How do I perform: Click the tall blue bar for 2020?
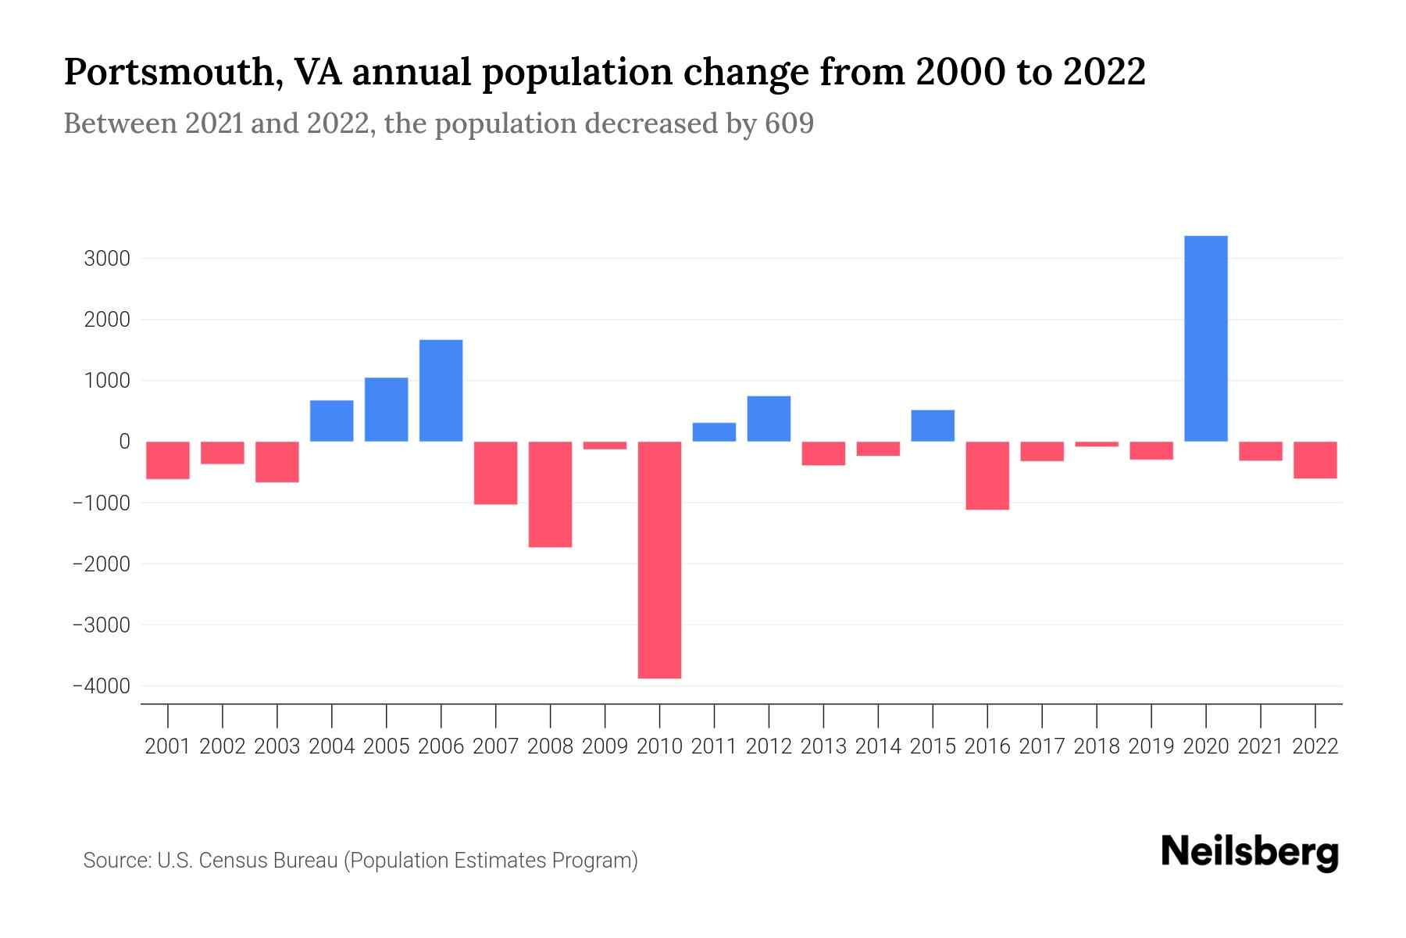(1205, 338)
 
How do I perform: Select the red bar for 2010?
(659, 560)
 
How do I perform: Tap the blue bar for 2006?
(441, 391)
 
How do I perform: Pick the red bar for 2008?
(550, 494)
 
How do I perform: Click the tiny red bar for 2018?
(1097, 444)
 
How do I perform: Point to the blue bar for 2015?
(933, 426)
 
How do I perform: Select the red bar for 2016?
(987, 475)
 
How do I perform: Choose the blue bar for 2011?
(714, 432)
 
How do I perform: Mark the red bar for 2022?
(1315, 460)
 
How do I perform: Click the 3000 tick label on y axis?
(107, 259)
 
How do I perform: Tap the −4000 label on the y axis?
(101, 686)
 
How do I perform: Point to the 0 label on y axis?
(124, 442)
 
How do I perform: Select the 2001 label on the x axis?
(168, 746)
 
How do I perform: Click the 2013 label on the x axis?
(823, 746)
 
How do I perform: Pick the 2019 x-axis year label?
(1151, 746)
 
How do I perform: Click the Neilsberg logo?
(1250, 852)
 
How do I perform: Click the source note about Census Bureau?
(360, 861)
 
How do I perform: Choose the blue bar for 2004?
(331, 421)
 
